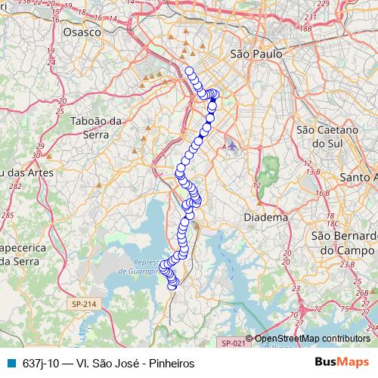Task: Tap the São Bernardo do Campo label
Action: pos(344,242)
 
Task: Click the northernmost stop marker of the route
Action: pos(189,71)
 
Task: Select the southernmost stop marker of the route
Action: pos(174,284)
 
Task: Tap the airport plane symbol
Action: pos(232,145)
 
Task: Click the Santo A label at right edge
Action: pos(360,177)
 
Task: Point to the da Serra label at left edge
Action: pos(17,262)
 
